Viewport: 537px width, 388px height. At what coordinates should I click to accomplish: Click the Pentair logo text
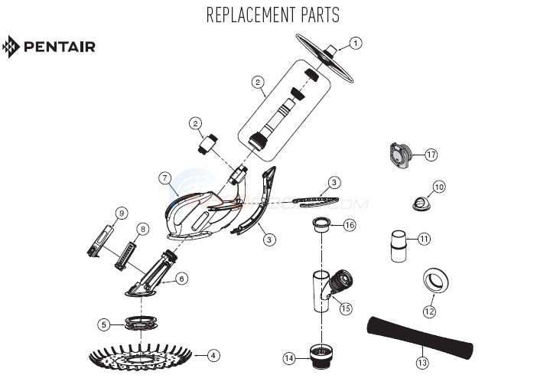59,47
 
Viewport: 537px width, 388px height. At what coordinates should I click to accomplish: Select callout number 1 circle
356,43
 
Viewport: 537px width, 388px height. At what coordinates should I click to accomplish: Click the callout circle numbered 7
164,178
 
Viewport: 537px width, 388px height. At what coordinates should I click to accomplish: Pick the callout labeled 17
431,155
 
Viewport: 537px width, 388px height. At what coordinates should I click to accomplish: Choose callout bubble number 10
438,187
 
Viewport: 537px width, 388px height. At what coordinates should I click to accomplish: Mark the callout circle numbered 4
213,355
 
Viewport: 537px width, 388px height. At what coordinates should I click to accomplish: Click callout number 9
122,212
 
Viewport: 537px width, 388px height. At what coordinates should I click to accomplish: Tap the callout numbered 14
288,357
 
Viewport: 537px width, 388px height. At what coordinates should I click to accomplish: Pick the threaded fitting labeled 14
321,353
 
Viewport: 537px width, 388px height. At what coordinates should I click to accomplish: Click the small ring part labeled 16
321,225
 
